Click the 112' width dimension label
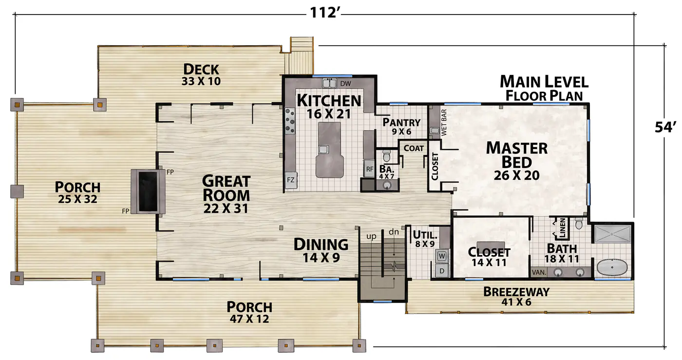[324, 13]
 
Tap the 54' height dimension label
[665, 127]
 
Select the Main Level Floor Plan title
[544, 88]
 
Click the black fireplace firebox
[148, 191]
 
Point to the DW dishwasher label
[345, 83]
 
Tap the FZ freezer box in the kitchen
[291, 180]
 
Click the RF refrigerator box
[369, 169]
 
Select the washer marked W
[442, 256]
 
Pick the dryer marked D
[442, 270]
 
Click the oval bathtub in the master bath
[612, 267]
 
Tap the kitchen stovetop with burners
[290, 121]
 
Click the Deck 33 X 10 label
[201, 75]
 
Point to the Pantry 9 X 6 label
[401, 126]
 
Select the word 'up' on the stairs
[371, 236]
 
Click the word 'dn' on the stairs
[394, 232]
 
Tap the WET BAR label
[444, 122]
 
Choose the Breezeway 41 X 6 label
[516, 296]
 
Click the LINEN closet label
[562, 228]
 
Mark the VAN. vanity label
[539, 272]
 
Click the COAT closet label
[414, 148]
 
